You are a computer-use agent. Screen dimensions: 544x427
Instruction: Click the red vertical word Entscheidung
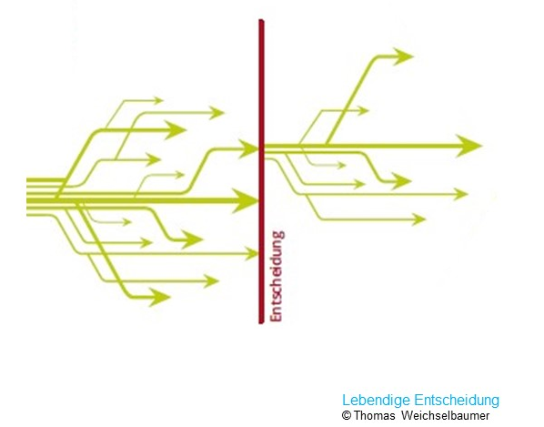(277, 277)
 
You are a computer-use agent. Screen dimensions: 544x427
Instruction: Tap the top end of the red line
(261, 20)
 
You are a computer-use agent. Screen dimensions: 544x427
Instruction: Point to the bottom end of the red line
(261, 323)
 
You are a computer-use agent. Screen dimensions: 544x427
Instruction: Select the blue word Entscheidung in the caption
(457, 401)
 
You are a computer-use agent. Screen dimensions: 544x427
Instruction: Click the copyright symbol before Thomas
(347, 415)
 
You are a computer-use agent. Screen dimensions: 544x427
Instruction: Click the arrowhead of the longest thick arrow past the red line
(469, 146)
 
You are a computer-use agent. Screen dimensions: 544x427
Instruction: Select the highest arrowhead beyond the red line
(403, 56)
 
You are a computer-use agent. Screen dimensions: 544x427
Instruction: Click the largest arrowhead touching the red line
(246, 200)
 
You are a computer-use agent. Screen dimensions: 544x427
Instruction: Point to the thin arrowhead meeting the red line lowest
(251, 254)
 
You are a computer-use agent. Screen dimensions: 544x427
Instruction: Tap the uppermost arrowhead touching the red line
(249, 148)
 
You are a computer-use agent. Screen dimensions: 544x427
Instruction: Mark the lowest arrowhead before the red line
(159, 297)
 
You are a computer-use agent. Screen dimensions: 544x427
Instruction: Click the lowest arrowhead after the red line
(418, 219)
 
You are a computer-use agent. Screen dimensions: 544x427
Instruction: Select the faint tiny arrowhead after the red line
(341, 165)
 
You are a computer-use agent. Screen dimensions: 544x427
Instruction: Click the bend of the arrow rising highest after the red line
(376, 57)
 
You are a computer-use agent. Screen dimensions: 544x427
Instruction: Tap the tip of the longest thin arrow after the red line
(468, 194)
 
